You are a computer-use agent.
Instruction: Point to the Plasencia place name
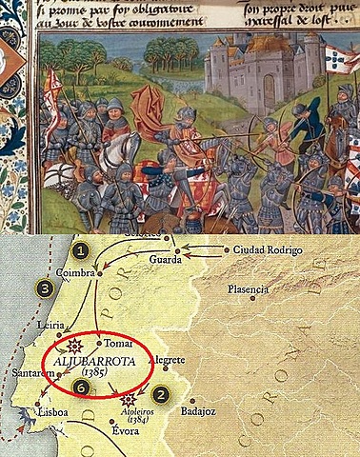[250, 288]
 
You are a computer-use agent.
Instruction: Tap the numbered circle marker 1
[82, 249]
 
